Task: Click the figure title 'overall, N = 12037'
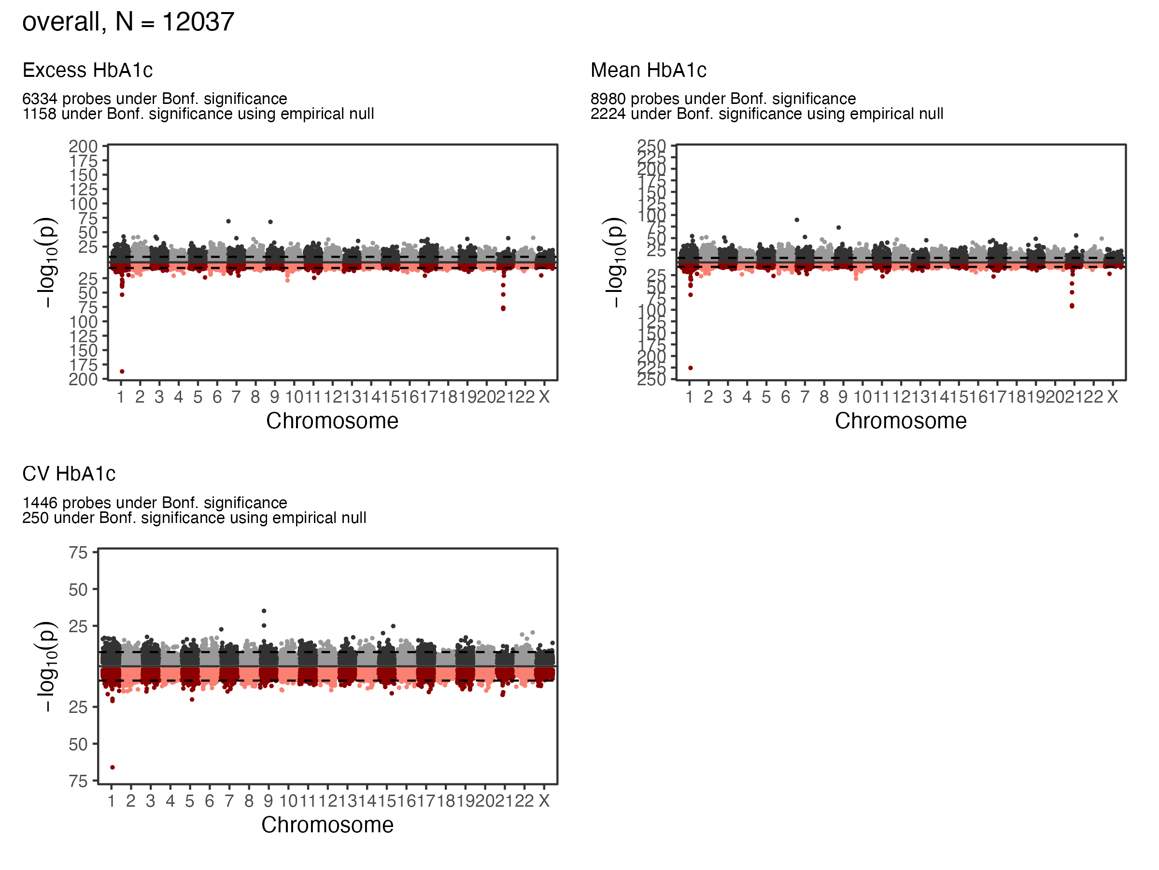tap(128, 22)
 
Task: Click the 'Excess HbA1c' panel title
tap(87, 70)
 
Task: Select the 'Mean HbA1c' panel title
tap(648, 70)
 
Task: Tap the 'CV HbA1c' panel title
tap(69, 474)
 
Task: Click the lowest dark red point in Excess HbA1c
tap(122, 372)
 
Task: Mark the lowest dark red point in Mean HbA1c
tap(691, 368)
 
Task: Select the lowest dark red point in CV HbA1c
tap(113, 768)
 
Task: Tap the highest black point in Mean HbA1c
tap(797, 220)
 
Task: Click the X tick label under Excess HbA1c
tap(544, 397)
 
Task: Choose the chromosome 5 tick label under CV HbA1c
tap(190, 801)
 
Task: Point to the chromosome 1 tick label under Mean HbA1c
tap(690, 397)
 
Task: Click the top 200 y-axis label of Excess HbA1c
tap(84, 147)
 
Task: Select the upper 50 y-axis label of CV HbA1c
tap(78, 590)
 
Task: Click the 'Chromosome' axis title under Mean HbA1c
tap(901, 421)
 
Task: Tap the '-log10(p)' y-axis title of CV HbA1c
tap(46, 666)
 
